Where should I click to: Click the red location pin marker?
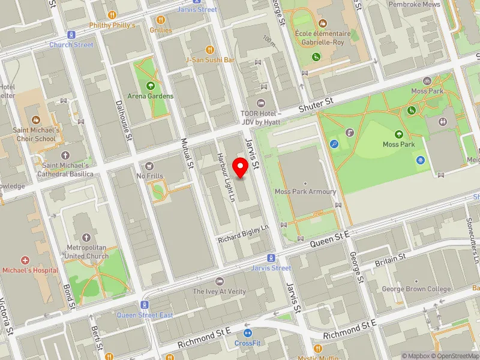click(241, 167)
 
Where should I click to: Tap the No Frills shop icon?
click(149, 166)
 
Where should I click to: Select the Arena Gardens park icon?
click(150, 86)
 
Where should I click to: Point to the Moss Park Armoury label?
click(305, 191)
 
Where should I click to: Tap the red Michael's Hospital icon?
click(25, 260)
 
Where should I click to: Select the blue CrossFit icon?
click(247, 333)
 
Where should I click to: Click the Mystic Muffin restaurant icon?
click(318, 349)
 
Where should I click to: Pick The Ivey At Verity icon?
click(219, 281)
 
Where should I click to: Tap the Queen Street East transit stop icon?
click(145, 305)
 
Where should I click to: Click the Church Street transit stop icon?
click(71, 35)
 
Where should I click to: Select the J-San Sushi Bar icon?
click(209, 49)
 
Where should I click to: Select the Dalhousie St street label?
click(122, 120)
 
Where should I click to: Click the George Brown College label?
click(416, 289)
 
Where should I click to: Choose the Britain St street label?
click(389, 259)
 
